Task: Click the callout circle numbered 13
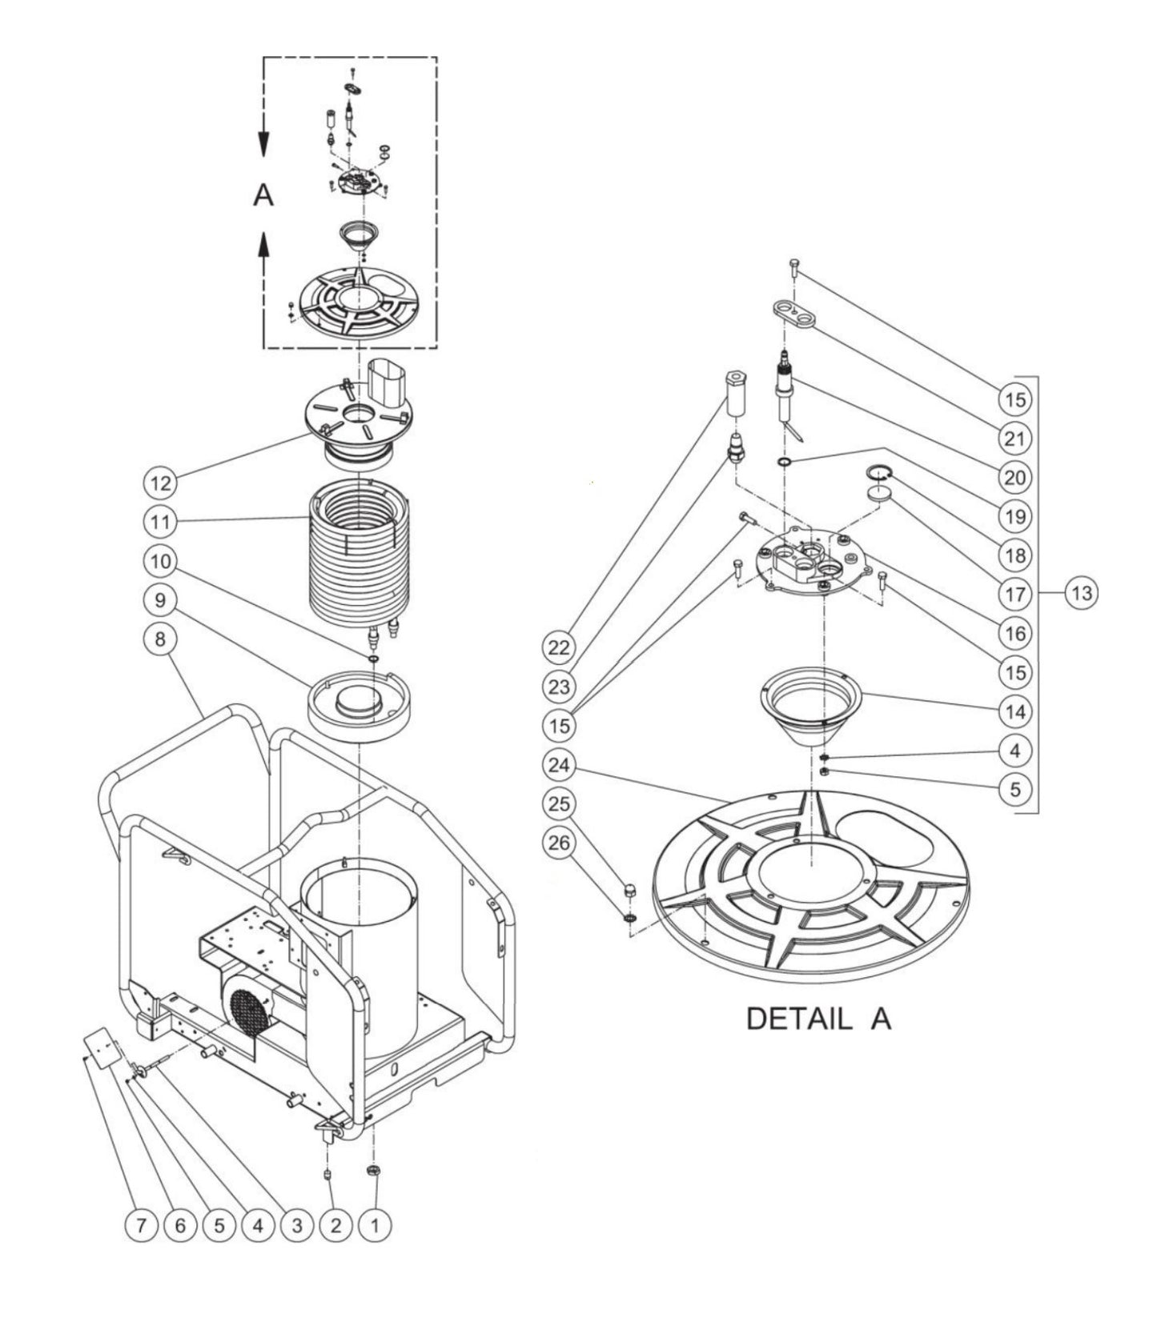click(1082, 593)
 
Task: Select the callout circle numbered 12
click(159, 483)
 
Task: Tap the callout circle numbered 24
click(559, 765)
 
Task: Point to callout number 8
click(159, 639)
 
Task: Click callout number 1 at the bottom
click(375, 1224)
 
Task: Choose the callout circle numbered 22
click(559, 647)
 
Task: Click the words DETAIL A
click(818, 1019)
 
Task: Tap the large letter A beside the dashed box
click(263, 194)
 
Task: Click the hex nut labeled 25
click(629, 891)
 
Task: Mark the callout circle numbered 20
click(1014, 477)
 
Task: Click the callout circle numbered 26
click(559, 842)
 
